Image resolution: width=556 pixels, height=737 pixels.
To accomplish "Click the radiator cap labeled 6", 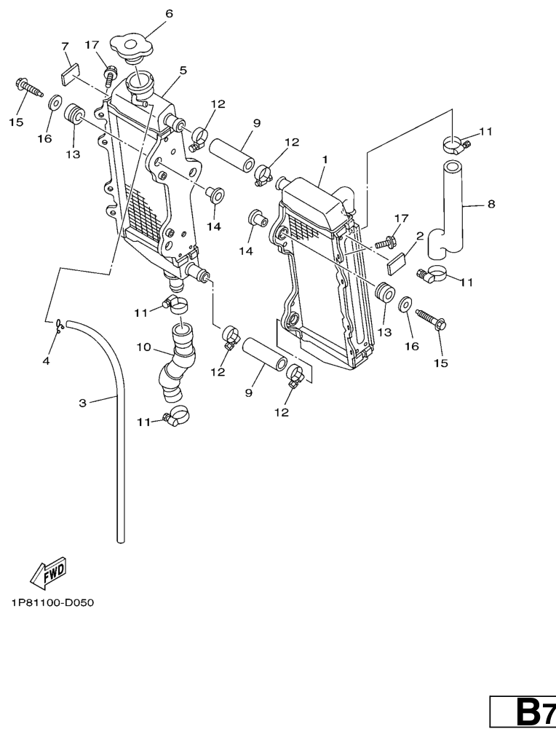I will pos(132,48).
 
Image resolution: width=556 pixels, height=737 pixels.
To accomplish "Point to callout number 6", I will pos(169,14).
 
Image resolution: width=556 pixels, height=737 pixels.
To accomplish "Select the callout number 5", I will pos(183,71).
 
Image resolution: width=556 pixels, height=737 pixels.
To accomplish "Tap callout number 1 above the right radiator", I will pos(325,159).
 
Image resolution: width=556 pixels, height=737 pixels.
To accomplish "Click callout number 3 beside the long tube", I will pos(83,402).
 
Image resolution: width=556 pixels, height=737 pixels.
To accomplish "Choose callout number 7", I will pos(65,47).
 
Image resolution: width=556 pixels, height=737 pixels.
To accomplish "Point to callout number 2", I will pos(420,236).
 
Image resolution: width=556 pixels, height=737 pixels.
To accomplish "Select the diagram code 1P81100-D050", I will pos(52,603).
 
